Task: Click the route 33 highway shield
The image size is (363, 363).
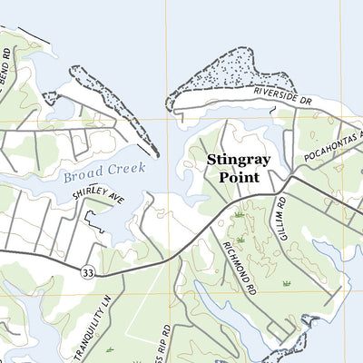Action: [x=87, y=272]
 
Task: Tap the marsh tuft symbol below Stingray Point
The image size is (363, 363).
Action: [x=240, y=215]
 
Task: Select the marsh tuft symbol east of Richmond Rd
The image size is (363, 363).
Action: [x=287, y=283]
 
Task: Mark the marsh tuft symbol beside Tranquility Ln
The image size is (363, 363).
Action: [x=110, y=348]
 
